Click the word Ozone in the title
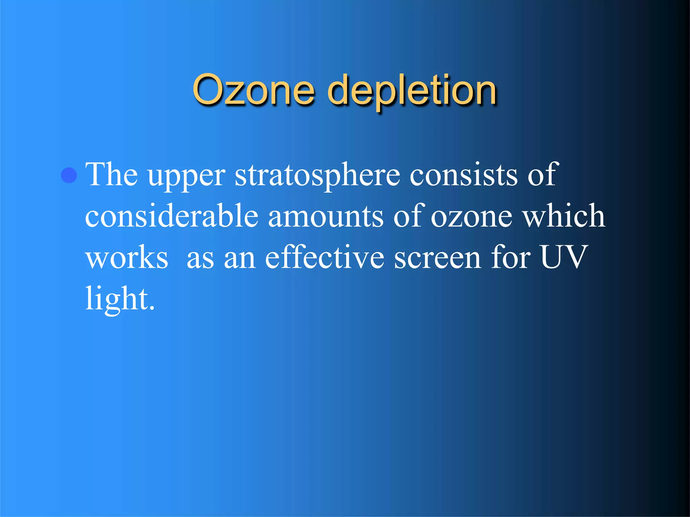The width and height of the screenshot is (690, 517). coord(253,90)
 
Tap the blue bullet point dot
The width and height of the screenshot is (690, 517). coord(69,175)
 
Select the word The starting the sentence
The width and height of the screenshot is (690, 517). coord(112,174)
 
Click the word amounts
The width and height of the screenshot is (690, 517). coord(326,216)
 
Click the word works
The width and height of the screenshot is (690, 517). coord(127,257)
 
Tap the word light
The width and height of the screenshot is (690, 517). coord(117,299)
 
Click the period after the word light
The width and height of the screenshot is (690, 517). coord(152,307)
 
